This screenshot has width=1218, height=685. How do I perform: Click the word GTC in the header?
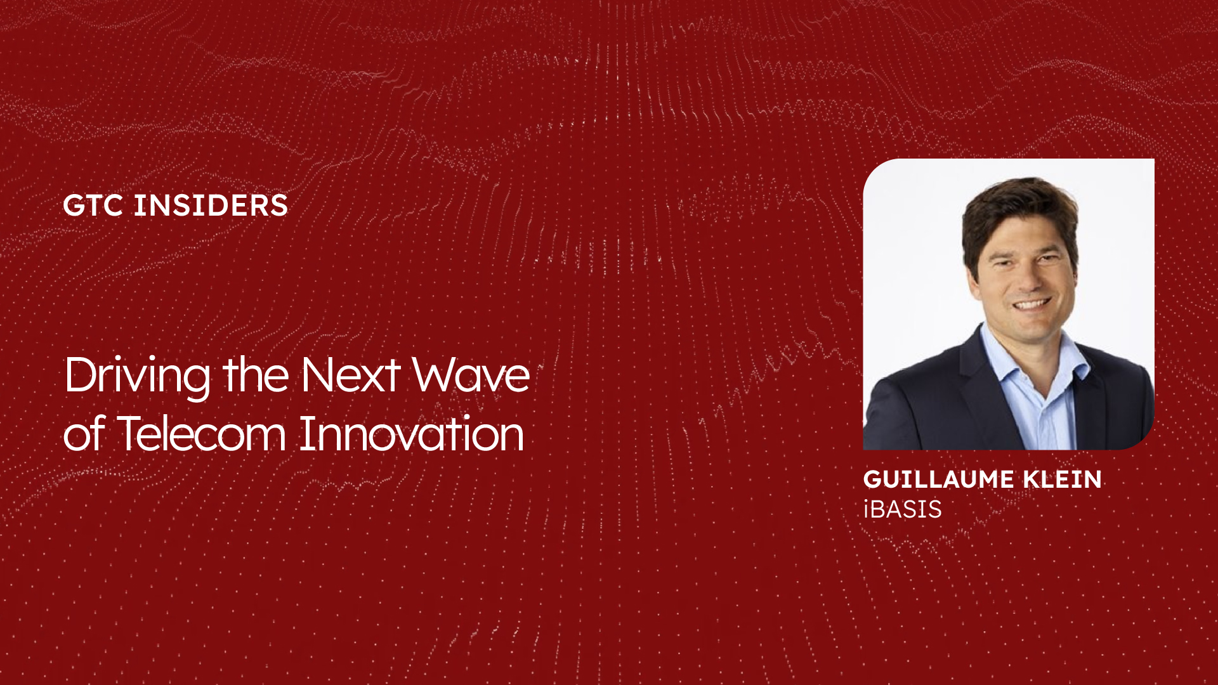(93, 205)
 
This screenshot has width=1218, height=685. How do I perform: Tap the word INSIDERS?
(211, 205)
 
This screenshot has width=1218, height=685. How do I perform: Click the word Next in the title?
(350, 374)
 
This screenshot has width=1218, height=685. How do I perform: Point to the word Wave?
(471, 374)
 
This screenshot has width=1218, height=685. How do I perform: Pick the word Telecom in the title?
(202, 434)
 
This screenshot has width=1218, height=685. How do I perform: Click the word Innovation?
(412, 434)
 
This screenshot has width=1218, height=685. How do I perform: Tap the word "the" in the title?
(256, 374)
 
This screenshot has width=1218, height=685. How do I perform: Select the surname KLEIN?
(1063, 480)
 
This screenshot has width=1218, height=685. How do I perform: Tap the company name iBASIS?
(903, 509)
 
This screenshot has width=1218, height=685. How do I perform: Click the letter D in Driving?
(79, 374)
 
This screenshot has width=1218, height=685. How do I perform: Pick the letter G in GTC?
(74, 205)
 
